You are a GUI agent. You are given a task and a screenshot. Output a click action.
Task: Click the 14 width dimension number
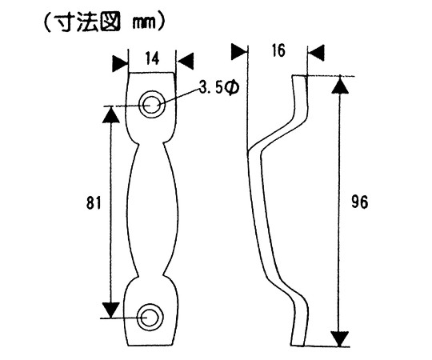point(152,59)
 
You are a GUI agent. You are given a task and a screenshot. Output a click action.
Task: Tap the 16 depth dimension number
point(278,50)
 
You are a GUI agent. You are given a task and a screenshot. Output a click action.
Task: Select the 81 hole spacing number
point(94,202)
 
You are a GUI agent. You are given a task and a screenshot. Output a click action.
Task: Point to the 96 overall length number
point(359,202)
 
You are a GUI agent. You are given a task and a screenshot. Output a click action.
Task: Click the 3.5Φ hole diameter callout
point(219,87)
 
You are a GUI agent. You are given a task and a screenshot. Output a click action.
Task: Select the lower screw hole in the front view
point(150,318)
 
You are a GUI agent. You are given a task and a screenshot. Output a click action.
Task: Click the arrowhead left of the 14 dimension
point(120,64)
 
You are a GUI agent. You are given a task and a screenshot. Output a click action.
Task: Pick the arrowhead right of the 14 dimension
point(185,61)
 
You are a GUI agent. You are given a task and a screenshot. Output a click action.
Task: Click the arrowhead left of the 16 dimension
point(238,51)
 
